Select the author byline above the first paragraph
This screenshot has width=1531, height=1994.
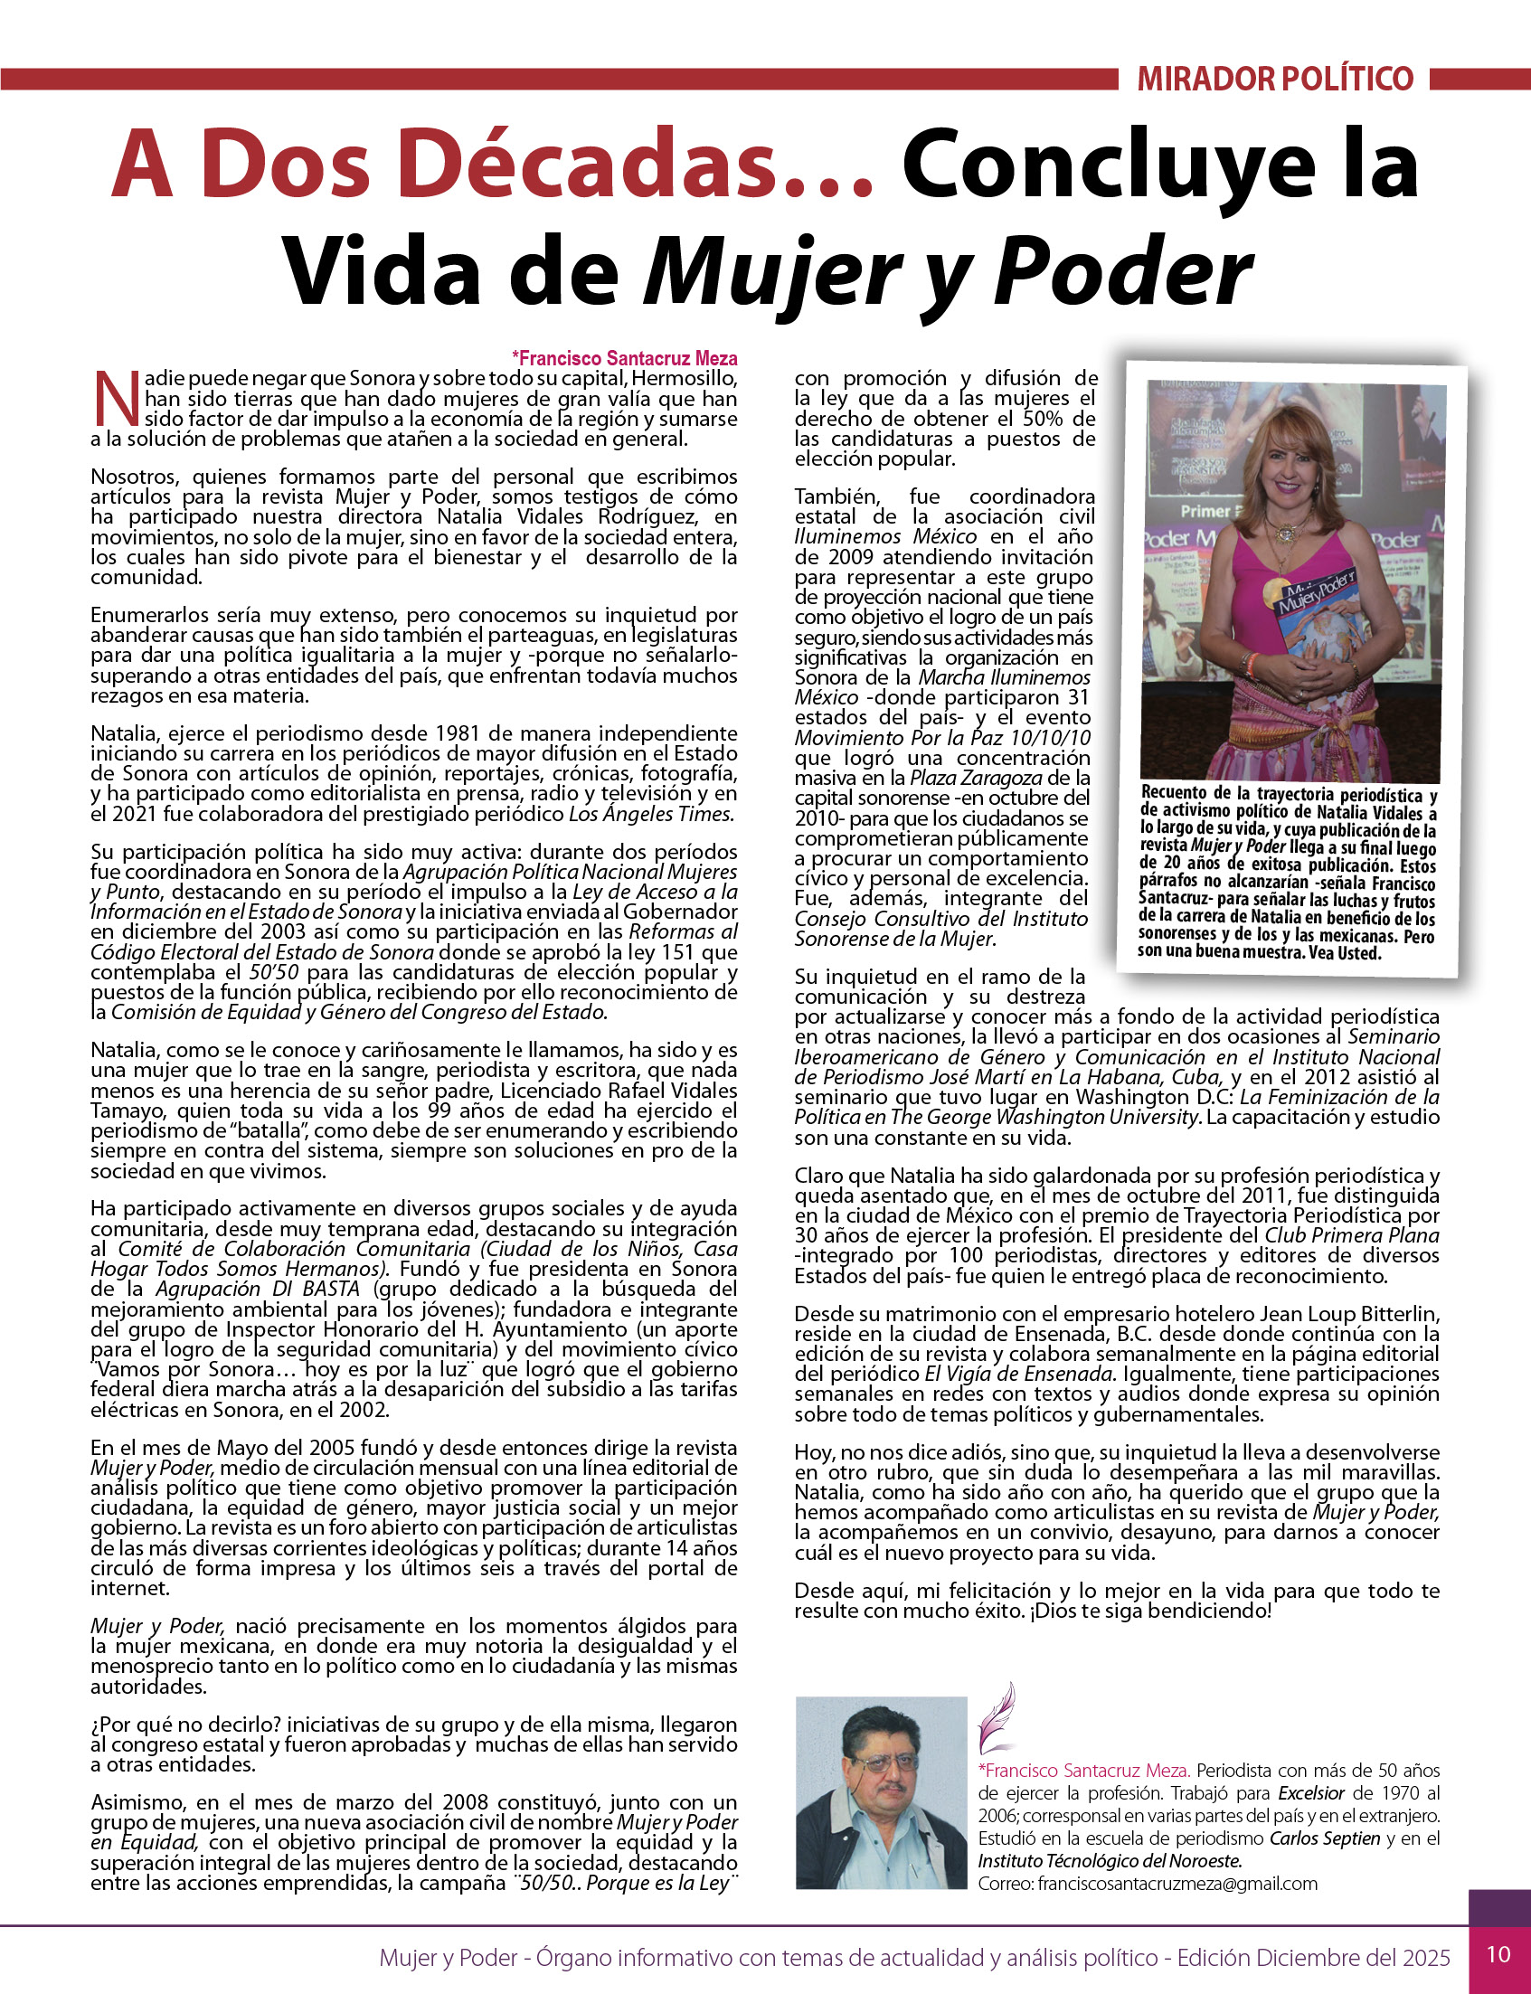coord(624,358)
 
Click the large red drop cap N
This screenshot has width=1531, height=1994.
coord(116,398)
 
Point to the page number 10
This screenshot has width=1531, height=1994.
coord(1498,1954)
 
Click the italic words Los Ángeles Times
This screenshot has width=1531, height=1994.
coord(652,814)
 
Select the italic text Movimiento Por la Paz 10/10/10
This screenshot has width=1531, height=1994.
coord(941,738)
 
